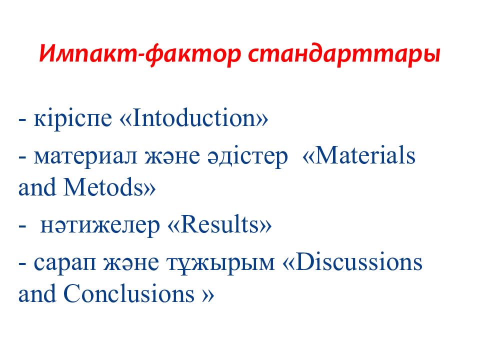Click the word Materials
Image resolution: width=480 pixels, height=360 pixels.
click(365, 156)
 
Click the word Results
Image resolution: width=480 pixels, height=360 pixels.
click(220, 225)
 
